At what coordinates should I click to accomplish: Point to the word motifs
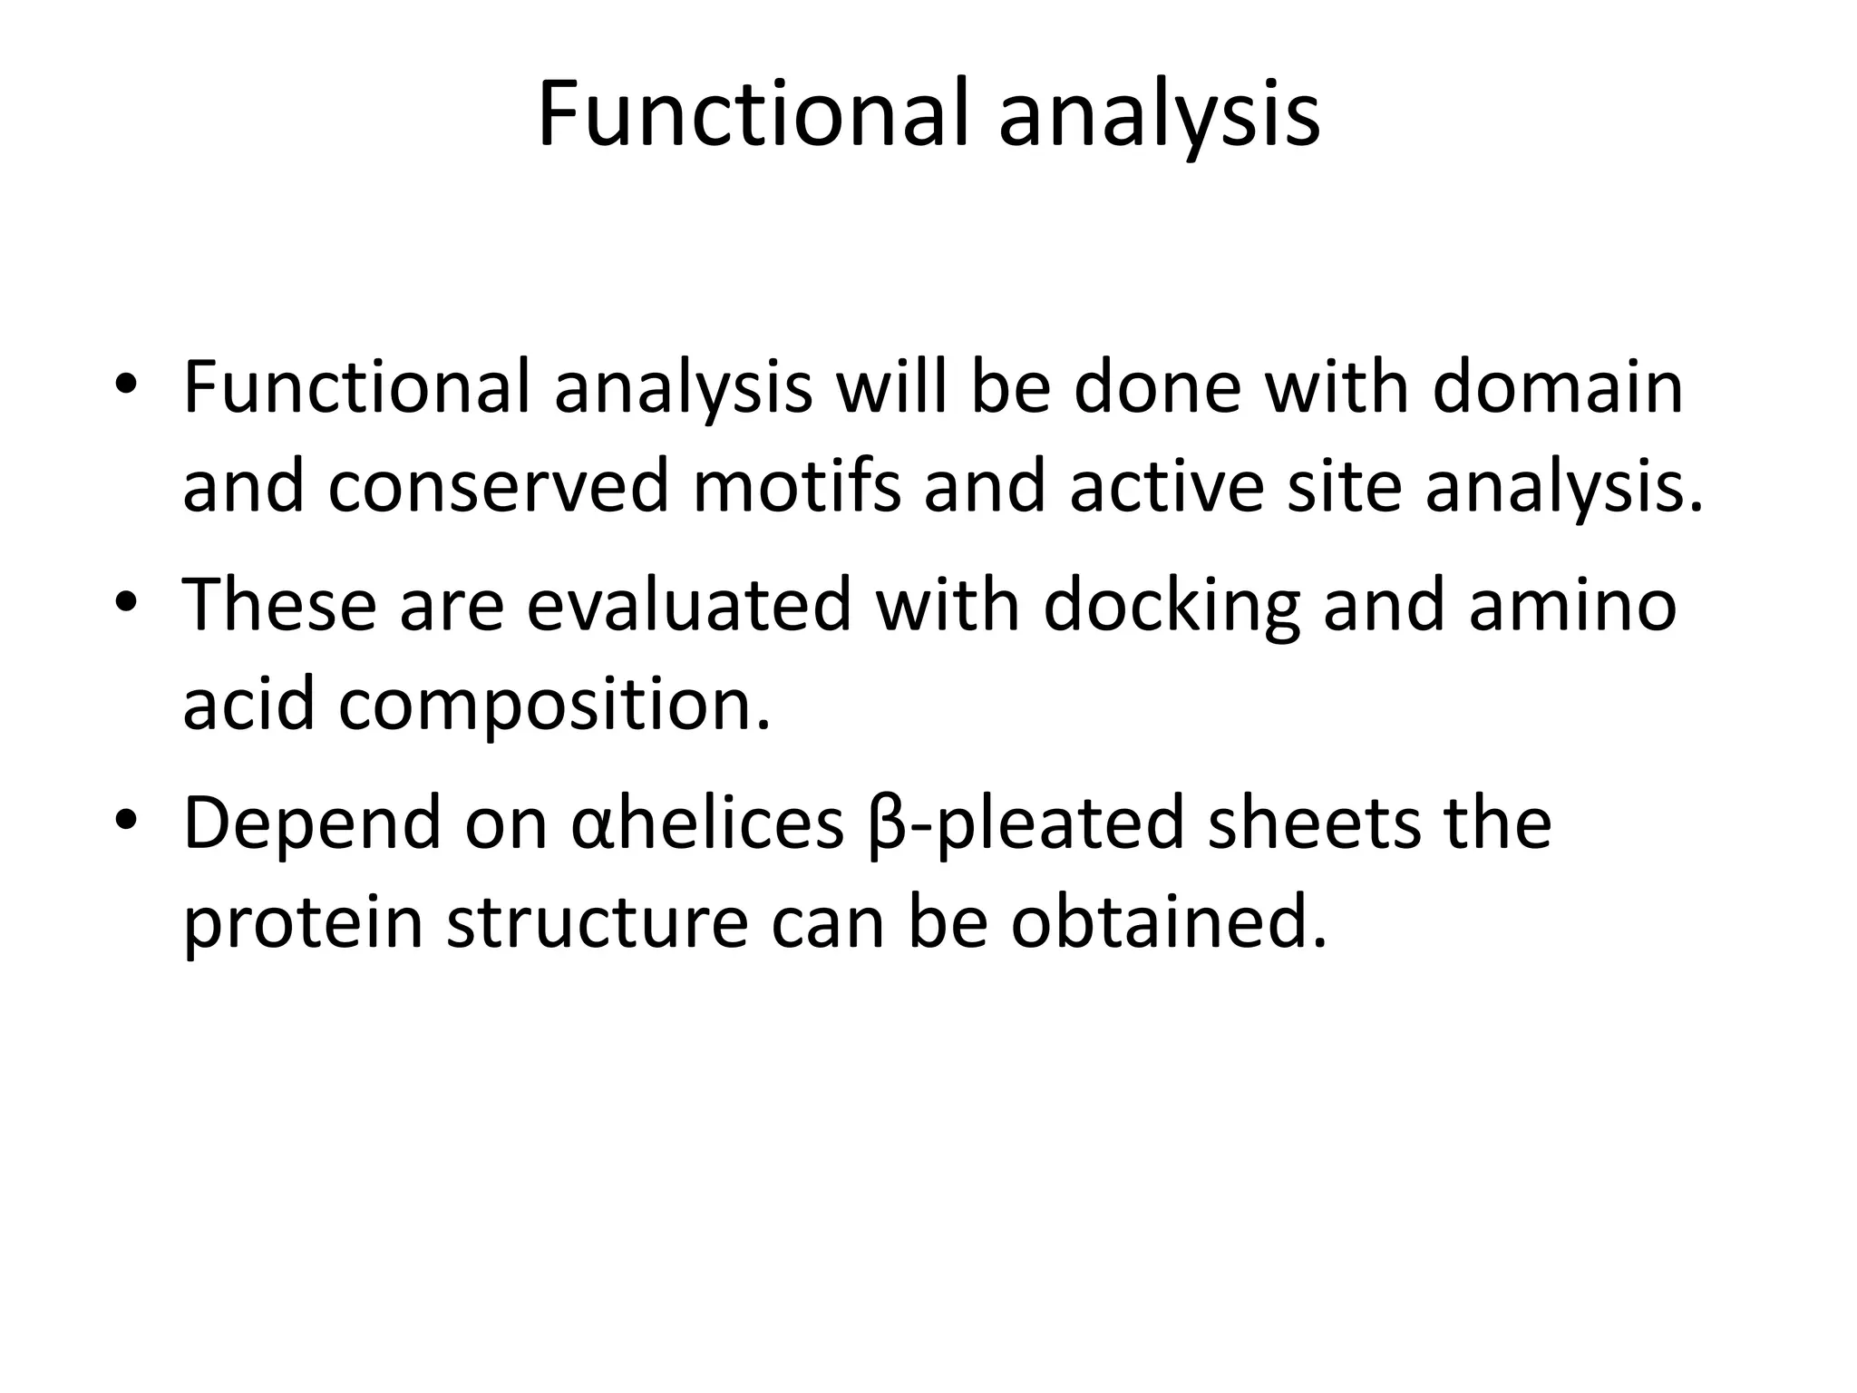click(797, 486)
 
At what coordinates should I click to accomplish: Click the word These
click(279, 605)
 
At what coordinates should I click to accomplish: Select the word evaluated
click(689, 605)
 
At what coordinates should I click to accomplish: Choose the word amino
click(1572, 605)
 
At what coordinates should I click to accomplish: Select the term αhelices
click(708, 823)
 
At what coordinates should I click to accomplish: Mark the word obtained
click(1169, 923)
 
